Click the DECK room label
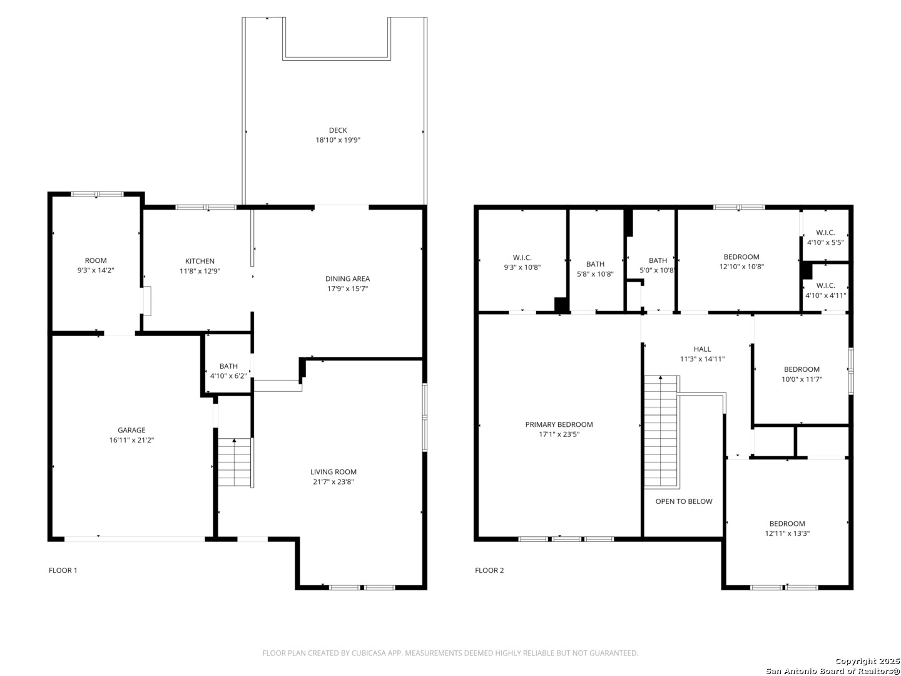pos(338,130)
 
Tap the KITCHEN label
pos(200,261)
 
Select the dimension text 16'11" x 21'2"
pos(131,440)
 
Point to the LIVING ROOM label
pos(333,472)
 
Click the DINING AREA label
pos(347,279)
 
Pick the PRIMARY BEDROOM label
pos(559,424)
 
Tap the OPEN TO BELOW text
pos(683,501)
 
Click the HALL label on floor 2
pos(702,349)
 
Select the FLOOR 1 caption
pos(63,570)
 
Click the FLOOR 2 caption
pos(489,570)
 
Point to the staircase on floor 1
pos(234,463)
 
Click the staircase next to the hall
pos(661,432)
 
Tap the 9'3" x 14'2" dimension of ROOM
pos(96,270)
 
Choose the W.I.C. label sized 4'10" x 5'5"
pos(825,232)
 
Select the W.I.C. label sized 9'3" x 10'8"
pos(522,257)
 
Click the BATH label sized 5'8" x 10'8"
pos(595,264)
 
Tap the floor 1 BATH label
pos(228,366)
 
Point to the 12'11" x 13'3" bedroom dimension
pos(787,533)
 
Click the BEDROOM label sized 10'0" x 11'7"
pos(802,369)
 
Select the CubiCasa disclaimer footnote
pos(450,653)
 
